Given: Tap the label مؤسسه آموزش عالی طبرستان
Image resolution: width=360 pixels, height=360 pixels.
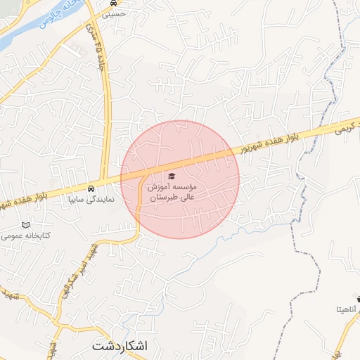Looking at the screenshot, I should pos(172,193).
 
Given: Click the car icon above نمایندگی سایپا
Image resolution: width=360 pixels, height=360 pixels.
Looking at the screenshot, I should pos(91,188).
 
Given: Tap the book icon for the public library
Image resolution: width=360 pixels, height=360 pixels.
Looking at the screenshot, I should pos(27,225).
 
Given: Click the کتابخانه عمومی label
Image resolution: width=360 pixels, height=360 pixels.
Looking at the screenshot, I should pos(27,236).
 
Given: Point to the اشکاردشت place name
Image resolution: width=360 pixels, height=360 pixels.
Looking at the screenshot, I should pos(120,346).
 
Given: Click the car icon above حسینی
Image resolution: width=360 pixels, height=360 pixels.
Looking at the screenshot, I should pos(104,3).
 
